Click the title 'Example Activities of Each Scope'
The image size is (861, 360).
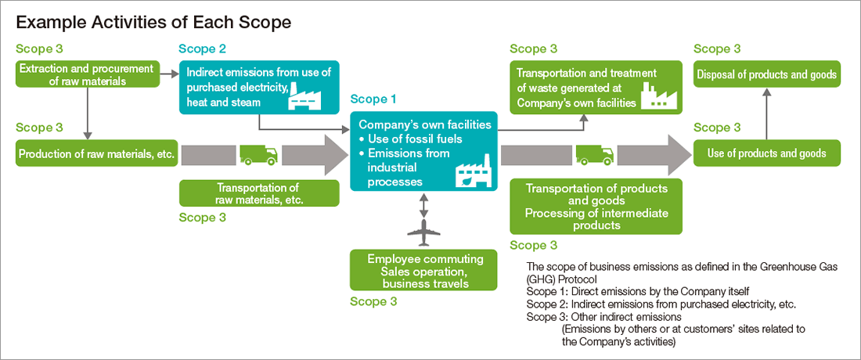pyautogui.click(x=153, y=23)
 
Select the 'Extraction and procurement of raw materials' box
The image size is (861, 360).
pyautogui.click(x=88, y=74)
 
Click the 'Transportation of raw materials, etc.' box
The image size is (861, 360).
pyautogui.click(x=260, y=194)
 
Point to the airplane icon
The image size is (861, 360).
pyautogui.click(x=424, y=232)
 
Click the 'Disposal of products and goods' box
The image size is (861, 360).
pyautogui.click(x=767, y=74)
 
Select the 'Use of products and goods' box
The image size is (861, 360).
pyautogui.click(x=767, y=153)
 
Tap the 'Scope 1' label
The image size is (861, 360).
pyautogui.click(x=373, y=99)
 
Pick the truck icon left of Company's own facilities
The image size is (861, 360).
pyautogui.click(x=258, y=155)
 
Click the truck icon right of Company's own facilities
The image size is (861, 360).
pyautogui.click(x=595, y=155)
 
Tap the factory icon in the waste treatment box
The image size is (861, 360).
pyautogui.click(x=660, y=95)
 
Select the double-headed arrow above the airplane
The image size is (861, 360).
pyautogui.click(x=423, y=204)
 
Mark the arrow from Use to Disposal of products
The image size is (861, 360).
pyautogui.click(x=767, y=113)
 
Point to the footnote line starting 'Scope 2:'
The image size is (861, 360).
pyautogui.click(x=661, y=304)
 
